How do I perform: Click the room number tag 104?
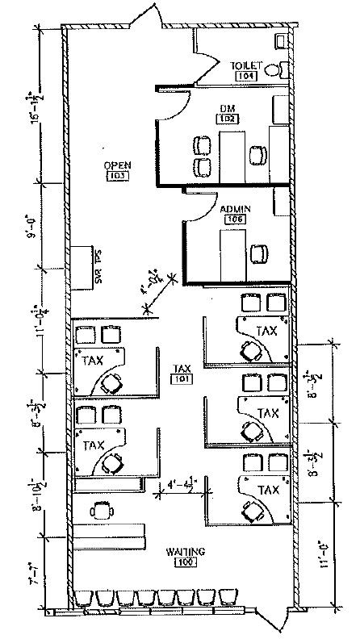(x=246, y=75)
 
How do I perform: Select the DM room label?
(x=226, y=106)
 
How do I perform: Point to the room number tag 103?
(x=118, y=176)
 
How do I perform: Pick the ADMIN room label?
(x=236, y=208)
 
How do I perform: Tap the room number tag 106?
(x=236, y=219)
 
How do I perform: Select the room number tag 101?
(x=182, y=378)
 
